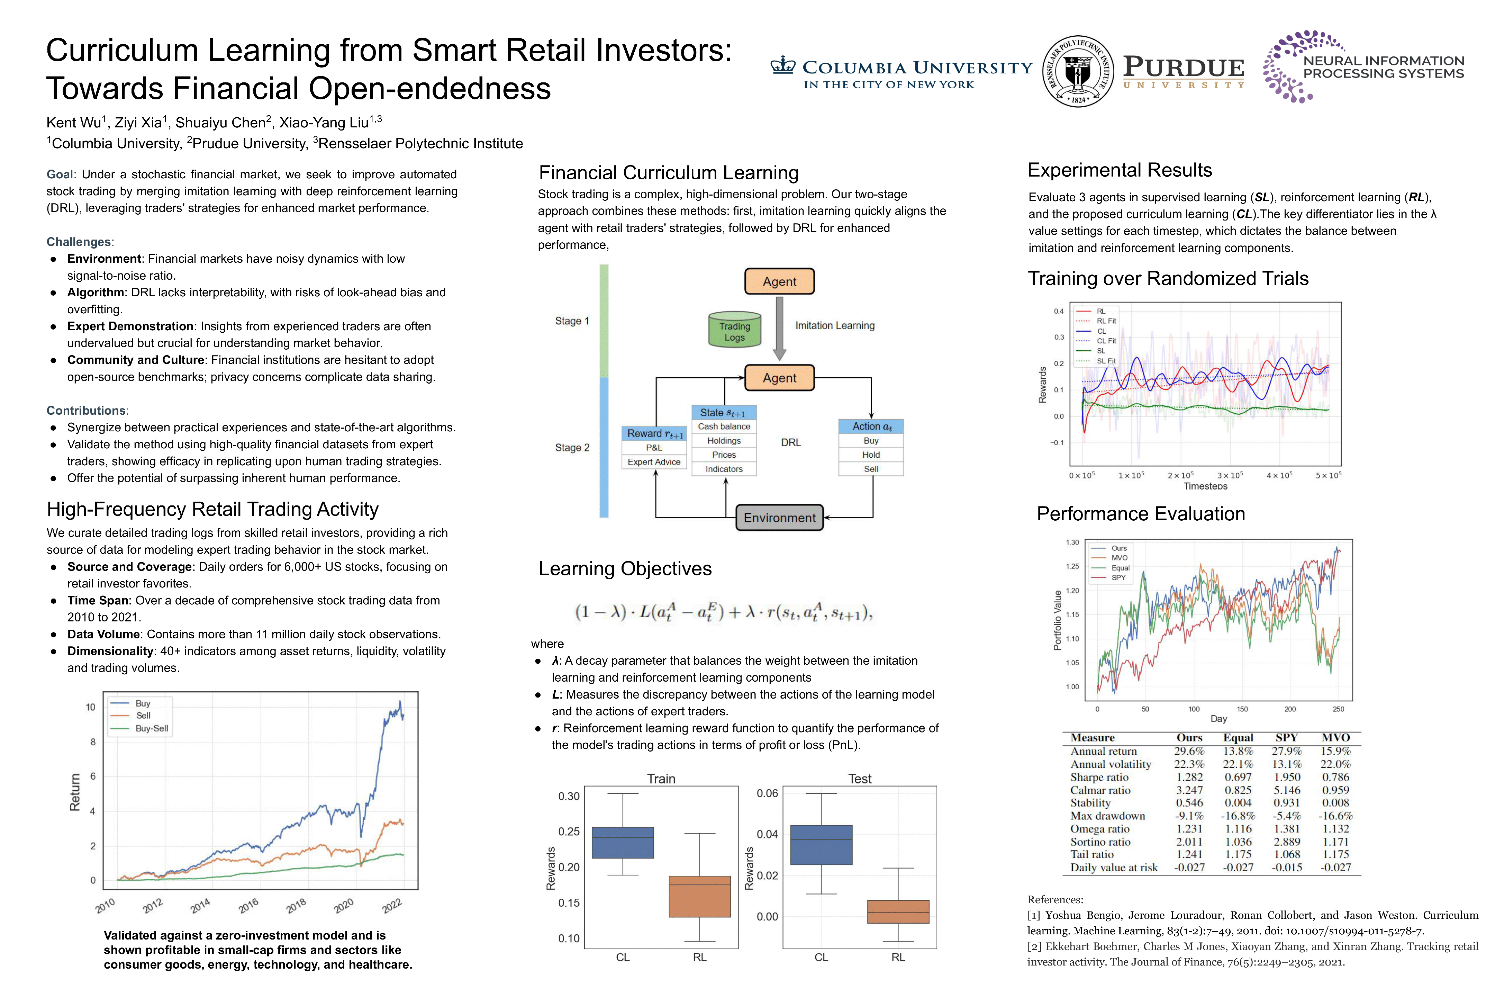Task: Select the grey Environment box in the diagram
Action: pyautogui.click(x=779, y=518)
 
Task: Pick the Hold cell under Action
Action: pyautogui.click(x=871, y=455)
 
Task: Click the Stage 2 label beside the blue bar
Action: pyautogui.click(x=572, y=448)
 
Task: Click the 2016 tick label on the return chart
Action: pyautogui.click(x=248, y=905)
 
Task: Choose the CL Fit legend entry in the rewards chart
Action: pyautogui.click(x=1106, y=341)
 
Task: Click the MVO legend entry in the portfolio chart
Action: pyautogui.click(x=1119, y=558)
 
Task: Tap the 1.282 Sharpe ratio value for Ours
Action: pyautogui.click(x=1189, y=777)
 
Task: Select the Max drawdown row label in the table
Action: pyautogui.click(x=1107, y=816)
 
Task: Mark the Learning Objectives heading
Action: pyautogui.click(x=625, y=568)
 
